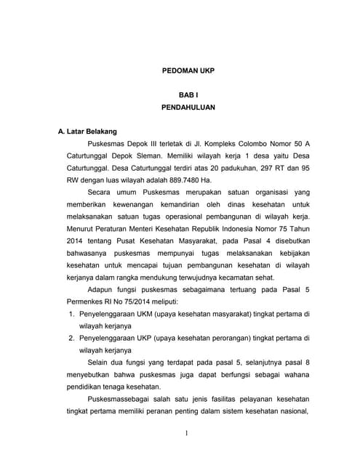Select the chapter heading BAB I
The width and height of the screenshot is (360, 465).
188,94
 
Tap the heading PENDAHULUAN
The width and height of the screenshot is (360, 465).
188,107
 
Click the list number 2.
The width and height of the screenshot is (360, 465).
71,338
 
